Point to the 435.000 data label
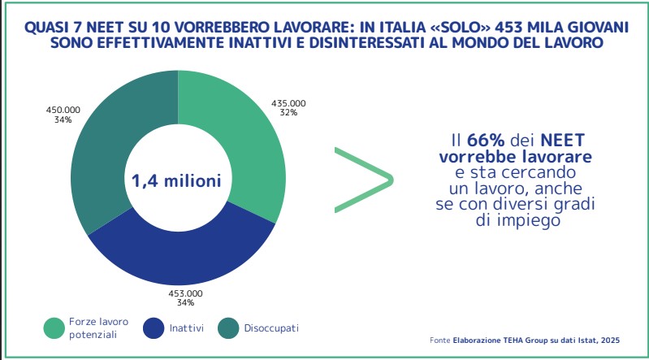coord(288,103)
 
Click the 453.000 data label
coord(184,293)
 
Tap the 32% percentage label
coord(288,113)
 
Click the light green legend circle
coord(54,328)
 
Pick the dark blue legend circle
coord(154,328)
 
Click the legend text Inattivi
coord(187,328)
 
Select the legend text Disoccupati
coord(274,328)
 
